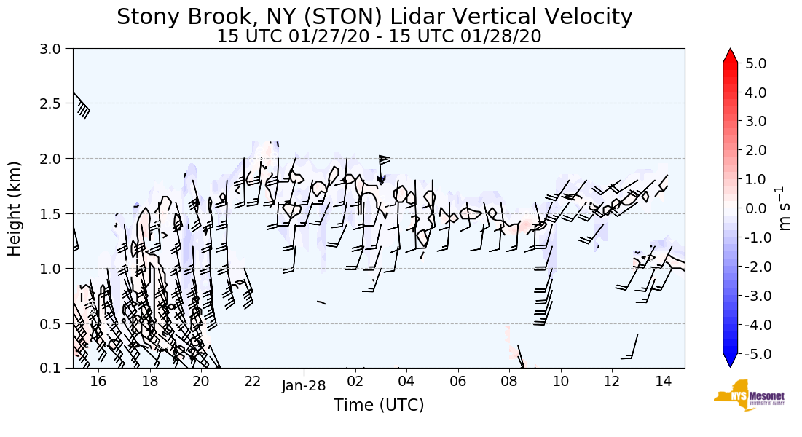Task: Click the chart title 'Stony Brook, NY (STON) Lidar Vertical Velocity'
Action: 374,17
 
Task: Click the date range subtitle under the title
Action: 379,36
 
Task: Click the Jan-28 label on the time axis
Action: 304,386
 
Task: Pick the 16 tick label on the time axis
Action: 98,381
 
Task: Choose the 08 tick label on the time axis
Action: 509,381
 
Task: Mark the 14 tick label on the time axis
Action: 663,381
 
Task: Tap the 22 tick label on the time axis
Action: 252,381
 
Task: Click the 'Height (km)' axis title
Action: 15,208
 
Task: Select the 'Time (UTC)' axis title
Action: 379,405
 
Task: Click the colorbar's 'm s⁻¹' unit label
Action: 786,208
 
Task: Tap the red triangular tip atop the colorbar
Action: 731,55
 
